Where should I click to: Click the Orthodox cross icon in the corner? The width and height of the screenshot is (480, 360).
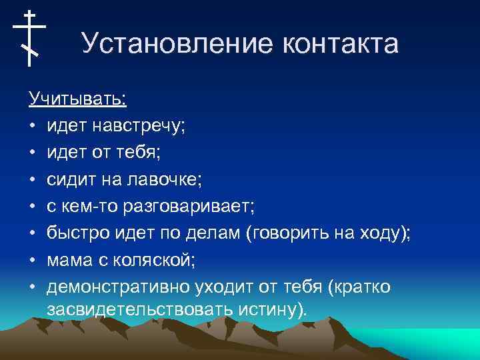pos(29,38)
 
